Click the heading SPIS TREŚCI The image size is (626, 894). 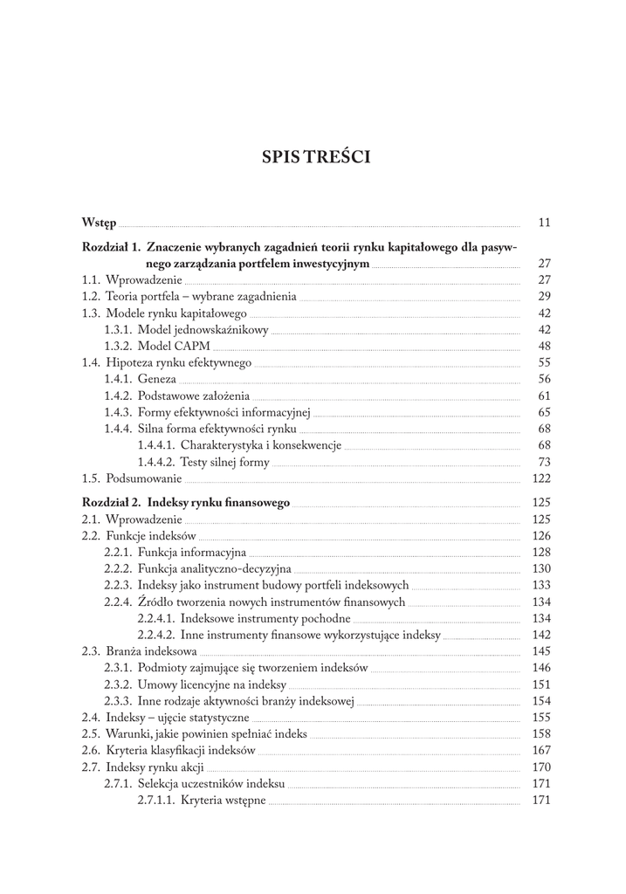(315, 157)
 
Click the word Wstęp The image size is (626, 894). (100, 223)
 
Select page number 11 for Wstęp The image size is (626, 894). (545, 223)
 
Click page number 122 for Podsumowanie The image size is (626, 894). (541, 478)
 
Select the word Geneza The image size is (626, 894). (157, 379)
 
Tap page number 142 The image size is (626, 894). (541, 636)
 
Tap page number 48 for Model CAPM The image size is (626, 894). (545, 346)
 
